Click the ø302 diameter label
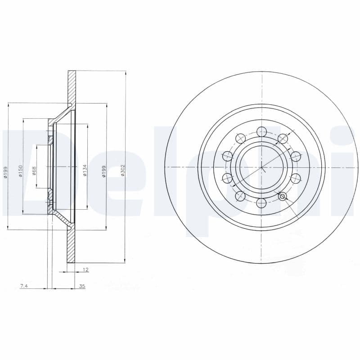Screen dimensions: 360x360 (123, 170)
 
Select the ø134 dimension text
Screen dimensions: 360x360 (85, 170)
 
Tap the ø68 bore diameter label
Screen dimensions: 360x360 (34, 171)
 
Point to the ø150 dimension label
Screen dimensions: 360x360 (20, 171)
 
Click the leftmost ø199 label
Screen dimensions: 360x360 (5, 172)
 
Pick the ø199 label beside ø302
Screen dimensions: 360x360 (104, 171)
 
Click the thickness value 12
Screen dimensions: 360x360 (85, 270)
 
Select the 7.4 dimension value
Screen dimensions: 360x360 (24, 286)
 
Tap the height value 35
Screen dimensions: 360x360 (82, 286)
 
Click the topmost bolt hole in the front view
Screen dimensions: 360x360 (262, 131)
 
